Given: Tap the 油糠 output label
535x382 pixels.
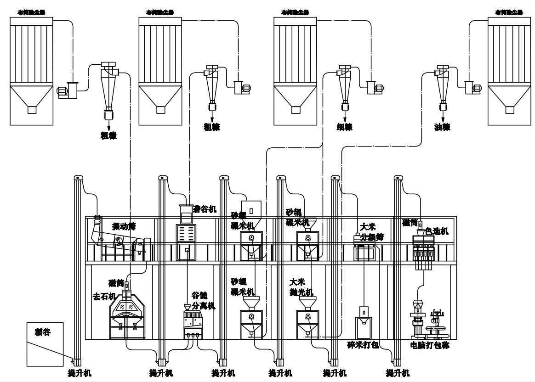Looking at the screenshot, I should coord(442,127).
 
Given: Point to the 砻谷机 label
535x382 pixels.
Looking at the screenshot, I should coord(205,208).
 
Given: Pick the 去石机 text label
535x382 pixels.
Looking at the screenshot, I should coord(104,297).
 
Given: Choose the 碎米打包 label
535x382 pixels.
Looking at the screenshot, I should coord(363,345).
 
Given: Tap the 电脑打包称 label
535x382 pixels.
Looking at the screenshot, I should coord(430,345).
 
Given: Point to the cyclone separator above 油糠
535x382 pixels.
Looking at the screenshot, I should coord(442,85).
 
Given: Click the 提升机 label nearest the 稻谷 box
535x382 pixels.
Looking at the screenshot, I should coord(80,373).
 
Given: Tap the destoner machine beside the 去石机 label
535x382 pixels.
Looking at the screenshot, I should coord(128,315).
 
